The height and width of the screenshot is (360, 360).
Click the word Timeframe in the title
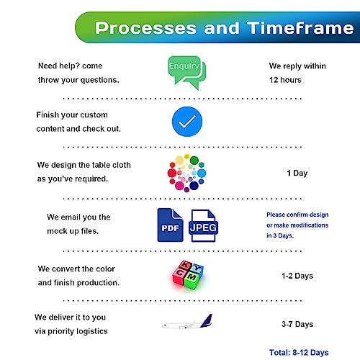(300, 28)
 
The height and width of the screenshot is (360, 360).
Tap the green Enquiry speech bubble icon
(186, 73)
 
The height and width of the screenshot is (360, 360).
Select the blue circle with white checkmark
(187, 122)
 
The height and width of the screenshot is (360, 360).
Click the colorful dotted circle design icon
(186, 173)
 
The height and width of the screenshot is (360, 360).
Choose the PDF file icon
(170, 225)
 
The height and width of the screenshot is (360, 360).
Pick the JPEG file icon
(203, 225)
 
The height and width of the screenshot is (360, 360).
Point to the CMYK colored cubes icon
(188, 275)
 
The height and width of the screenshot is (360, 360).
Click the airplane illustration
(187, 322)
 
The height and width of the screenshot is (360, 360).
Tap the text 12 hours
(285, 80)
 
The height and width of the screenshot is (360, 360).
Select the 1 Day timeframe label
(297, 173)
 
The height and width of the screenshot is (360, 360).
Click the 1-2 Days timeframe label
(297, 276)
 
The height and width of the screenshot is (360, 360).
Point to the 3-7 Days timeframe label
(297, 324)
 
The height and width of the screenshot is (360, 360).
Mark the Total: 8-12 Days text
(299, 353)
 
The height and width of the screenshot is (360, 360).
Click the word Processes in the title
(145, 28)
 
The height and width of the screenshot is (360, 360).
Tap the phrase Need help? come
(70, 66)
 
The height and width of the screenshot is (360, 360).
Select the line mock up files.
(73, 231)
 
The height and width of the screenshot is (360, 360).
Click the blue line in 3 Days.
(280, 235)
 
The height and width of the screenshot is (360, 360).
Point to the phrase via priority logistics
(71, 331)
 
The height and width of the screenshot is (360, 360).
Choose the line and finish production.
(78, 283)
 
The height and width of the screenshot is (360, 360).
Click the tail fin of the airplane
(207, 320)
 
